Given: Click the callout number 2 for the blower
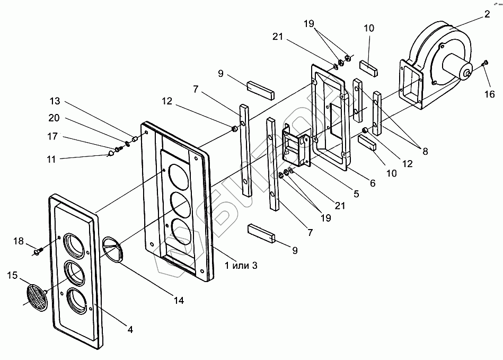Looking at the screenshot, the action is click(x=487, y=14).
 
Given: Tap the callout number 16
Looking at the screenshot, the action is click(x=490, y=94).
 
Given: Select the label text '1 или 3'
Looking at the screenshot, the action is click(x=241, y=265).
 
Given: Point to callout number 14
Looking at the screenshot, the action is click(x=179, y=300).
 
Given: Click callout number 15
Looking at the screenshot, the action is click(x=13, y=275).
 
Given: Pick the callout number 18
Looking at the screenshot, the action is click(x=19, y=241).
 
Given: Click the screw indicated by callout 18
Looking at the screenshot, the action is click(x=38, y=251).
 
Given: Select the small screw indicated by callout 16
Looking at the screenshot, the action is click(x=485, y=63).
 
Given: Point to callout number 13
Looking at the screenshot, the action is click(x=55, y=101).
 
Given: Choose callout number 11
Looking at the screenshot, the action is click(x=51, y=159).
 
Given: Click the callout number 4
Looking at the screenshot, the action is click(x=130, y=329).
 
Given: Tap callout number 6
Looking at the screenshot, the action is click(x=373, y=183).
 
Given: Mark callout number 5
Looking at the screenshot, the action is click(x=356, y=194).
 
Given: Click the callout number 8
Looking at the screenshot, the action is click(x=425, y=151).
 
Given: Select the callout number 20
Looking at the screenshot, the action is click(x=54, y=118).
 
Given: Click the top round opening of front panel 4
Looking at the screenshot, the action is click(x=76, y=245).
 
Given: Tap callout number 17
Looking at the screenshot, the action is click(x=52, y=137).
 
